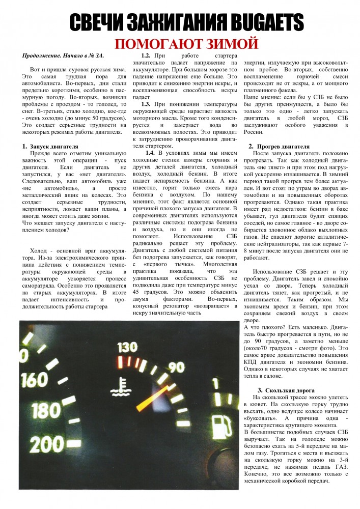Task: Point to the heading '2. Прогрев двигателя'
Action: [x=279, y=147]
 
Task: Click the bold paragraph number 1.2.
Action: [x=146, y=54]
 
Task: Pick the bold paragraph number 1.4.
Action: [x=150, y=153]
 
